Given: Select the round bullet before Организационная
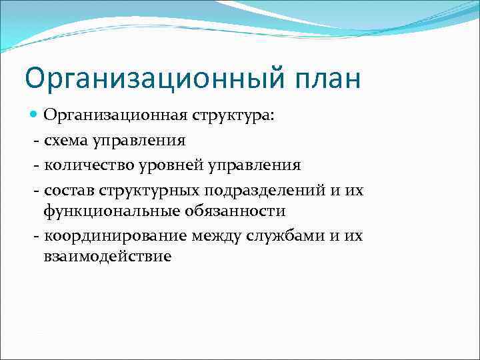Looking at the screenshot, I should tap(35, 116).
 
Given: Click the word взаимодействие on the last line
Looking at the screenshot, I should tap(107, 257).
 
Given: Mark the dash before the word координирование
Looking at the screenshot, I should tap(36, 235).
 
